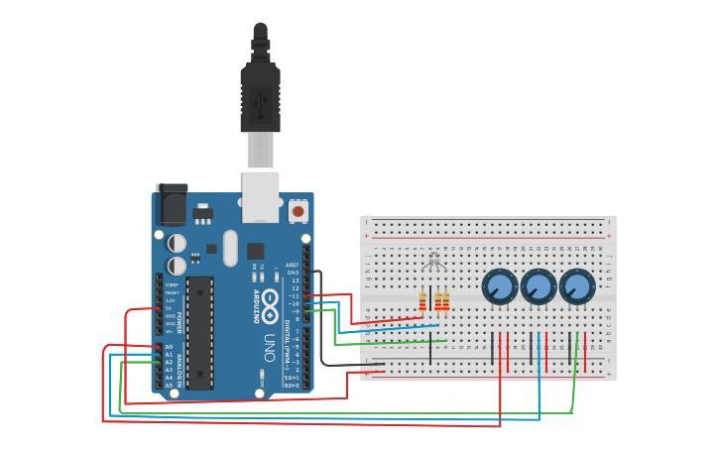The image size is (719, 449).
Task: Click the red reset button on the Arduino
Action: (298, 210)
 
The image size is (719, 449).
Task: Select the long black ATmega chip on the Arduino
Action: (199, 332)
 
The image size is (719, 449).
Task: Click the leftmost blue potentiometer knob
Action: (499, 287)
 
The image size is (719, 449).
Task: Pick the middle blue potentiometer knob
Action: (538, 287)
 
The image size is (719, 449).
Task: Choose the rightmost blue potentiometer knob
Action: (576, 287)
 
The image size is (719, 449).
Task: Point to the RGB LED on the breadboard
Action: (433, 264)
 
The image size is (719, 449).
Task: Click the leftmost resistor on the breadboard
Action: (422, 301)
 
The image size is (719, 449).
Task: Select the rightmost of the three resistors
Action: (445, 301)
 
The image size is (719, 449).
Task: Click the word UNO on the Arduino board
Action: (269, 347)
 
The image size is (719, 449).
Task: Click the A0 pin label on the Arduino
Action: (169, 347)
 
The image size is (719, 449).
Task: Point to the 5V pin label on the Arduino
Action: (170, 308)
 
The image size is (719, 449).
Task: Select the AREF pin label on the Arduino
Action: (293, 265)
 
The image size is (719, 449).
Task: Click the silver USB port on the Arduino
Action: (260, 196)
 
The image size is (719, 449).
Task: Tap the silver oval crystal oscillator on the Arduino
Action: (231, 248)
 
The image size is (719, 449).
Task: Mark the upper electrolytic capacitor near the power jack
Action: (177, 243)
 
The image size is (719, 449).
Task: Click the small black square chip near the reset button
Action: (256, 251)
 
